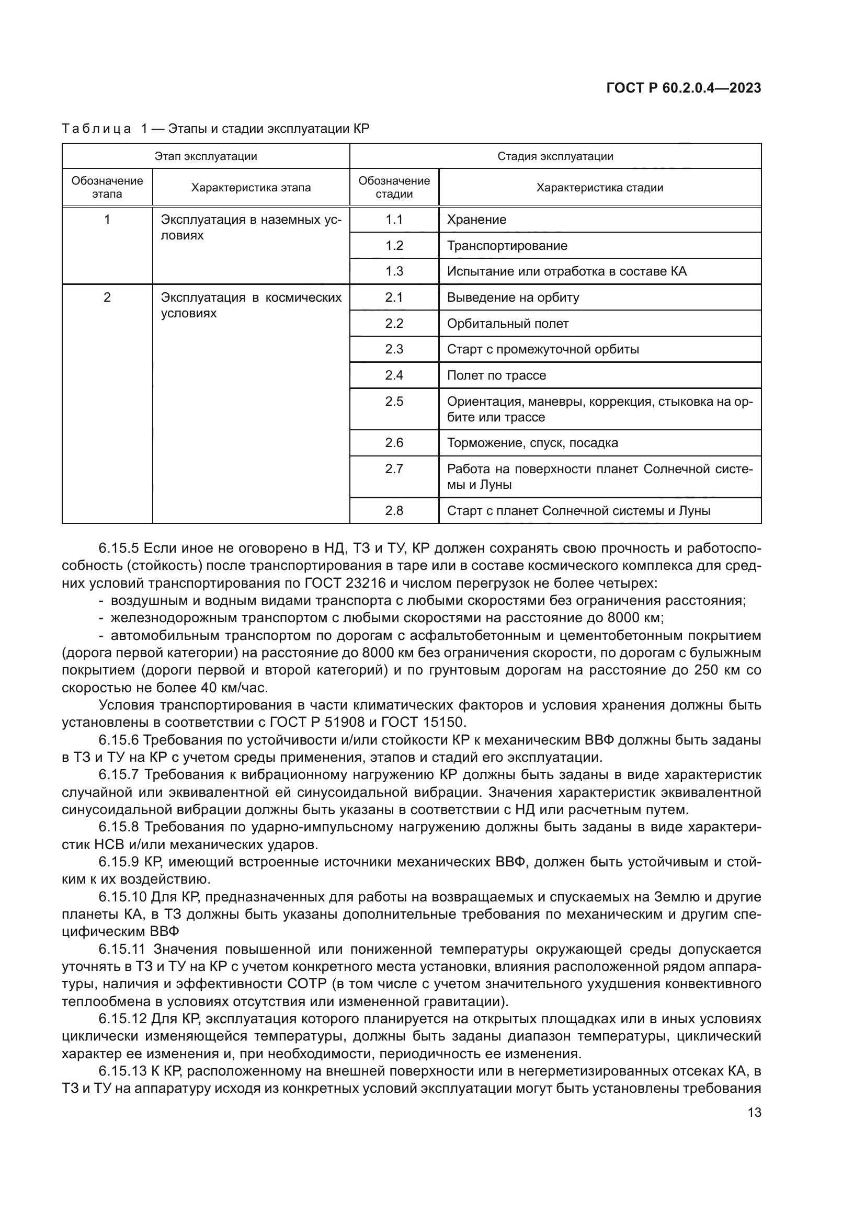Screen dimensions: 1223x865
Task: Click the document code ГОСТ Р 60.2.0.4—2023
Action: (684, 88)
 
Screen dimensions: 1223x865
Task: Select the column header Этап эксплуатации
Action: (206, 156)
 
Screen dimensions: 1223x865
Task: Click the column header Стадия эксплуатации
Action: (555, 156)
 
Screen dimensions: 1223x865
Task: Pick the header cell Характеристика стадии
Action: (599, 188)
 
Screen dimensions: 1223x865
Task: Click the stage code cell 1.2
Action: (394, 246)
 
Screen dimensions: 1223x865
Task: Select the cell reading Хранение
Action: (477, 220)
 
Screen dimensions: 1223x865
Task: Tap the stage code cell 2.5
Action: (394, 401)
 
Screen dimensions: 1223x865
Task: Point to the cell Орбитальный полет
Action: (508, 323)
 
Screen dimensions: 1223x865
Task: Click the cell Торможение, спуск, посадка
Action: (532, 443)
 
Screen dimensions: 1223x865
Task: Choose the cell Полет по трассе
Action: (496, 375)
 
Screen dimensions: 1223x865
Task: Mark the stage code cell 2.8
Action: (394, 511)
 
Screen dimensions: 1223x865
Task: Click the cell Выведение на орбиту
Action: (513, 297)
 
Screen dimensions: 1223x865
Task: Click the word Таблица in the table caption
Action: (96, 129)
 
